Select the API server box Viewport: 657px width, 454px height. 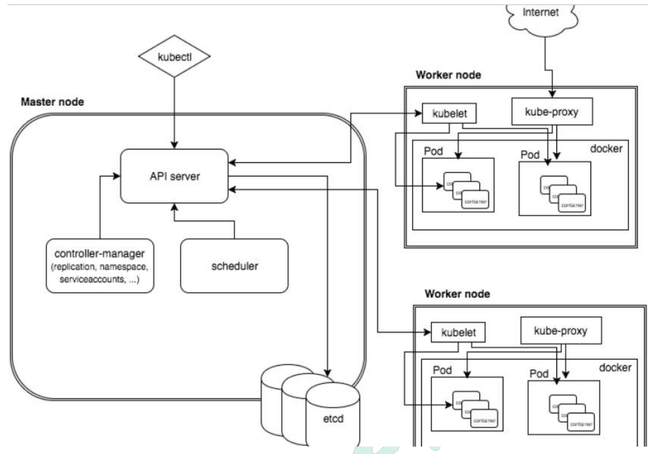pyautogui.click(x=173, y=176)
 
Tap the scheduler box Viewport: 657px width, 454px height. pyautogui.click(x=234, y=266)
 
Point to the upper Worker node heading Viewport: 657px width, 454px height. pyautogui.click(x=448, y=75)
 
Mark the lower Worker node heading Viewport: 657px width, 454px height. pyautogui.click(x=457, y=294)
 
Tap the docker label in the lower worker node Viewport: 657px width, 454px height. pyautogui.click(x=615, y=368)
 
